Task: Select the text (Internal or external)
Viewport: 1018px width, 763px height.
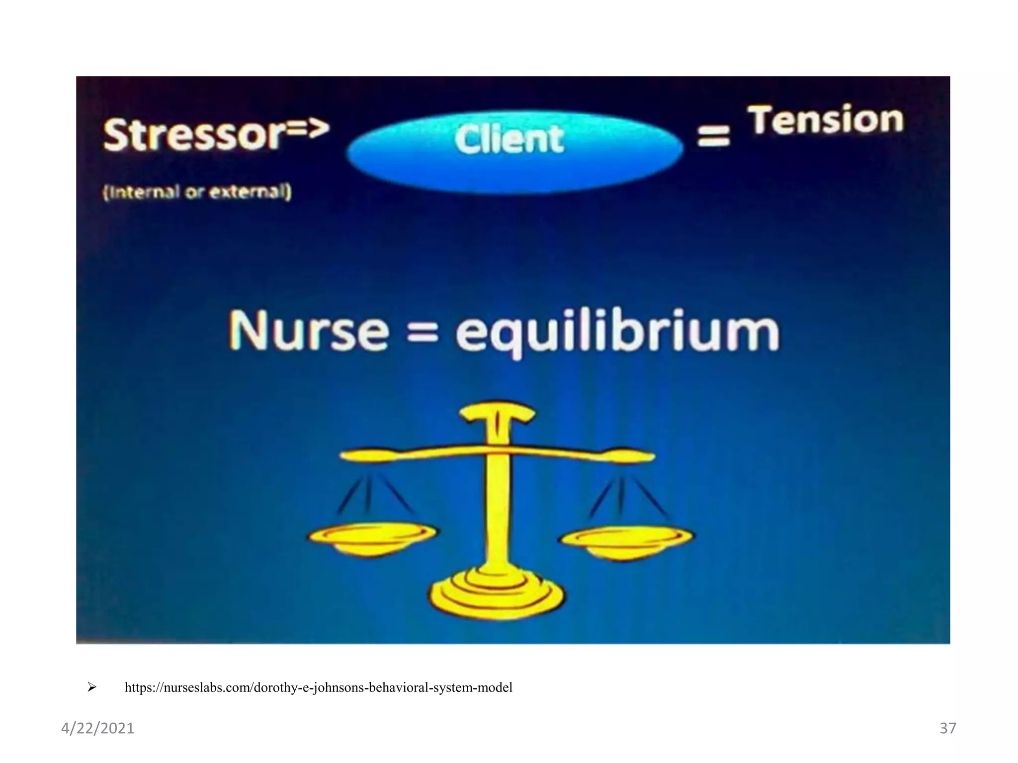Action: coord(197,192)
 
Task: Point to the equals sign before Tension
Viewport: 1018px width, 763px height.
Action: coord(714,135)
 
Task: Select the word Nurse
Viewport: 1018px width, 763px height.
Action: coord(309,331)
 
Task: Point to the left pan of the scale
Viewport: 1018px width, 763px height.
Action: coord(372,537)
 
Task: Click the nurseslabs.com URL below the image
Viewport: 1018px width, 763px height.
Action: coord(318,687)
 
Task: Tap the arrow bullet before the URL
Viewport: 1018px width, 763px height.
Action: coord(91,687)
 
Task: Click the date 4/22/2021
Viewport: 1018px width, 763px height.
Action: coord(97,728)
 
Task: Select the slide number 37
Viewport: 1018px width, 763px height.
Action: coord(947,728)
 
